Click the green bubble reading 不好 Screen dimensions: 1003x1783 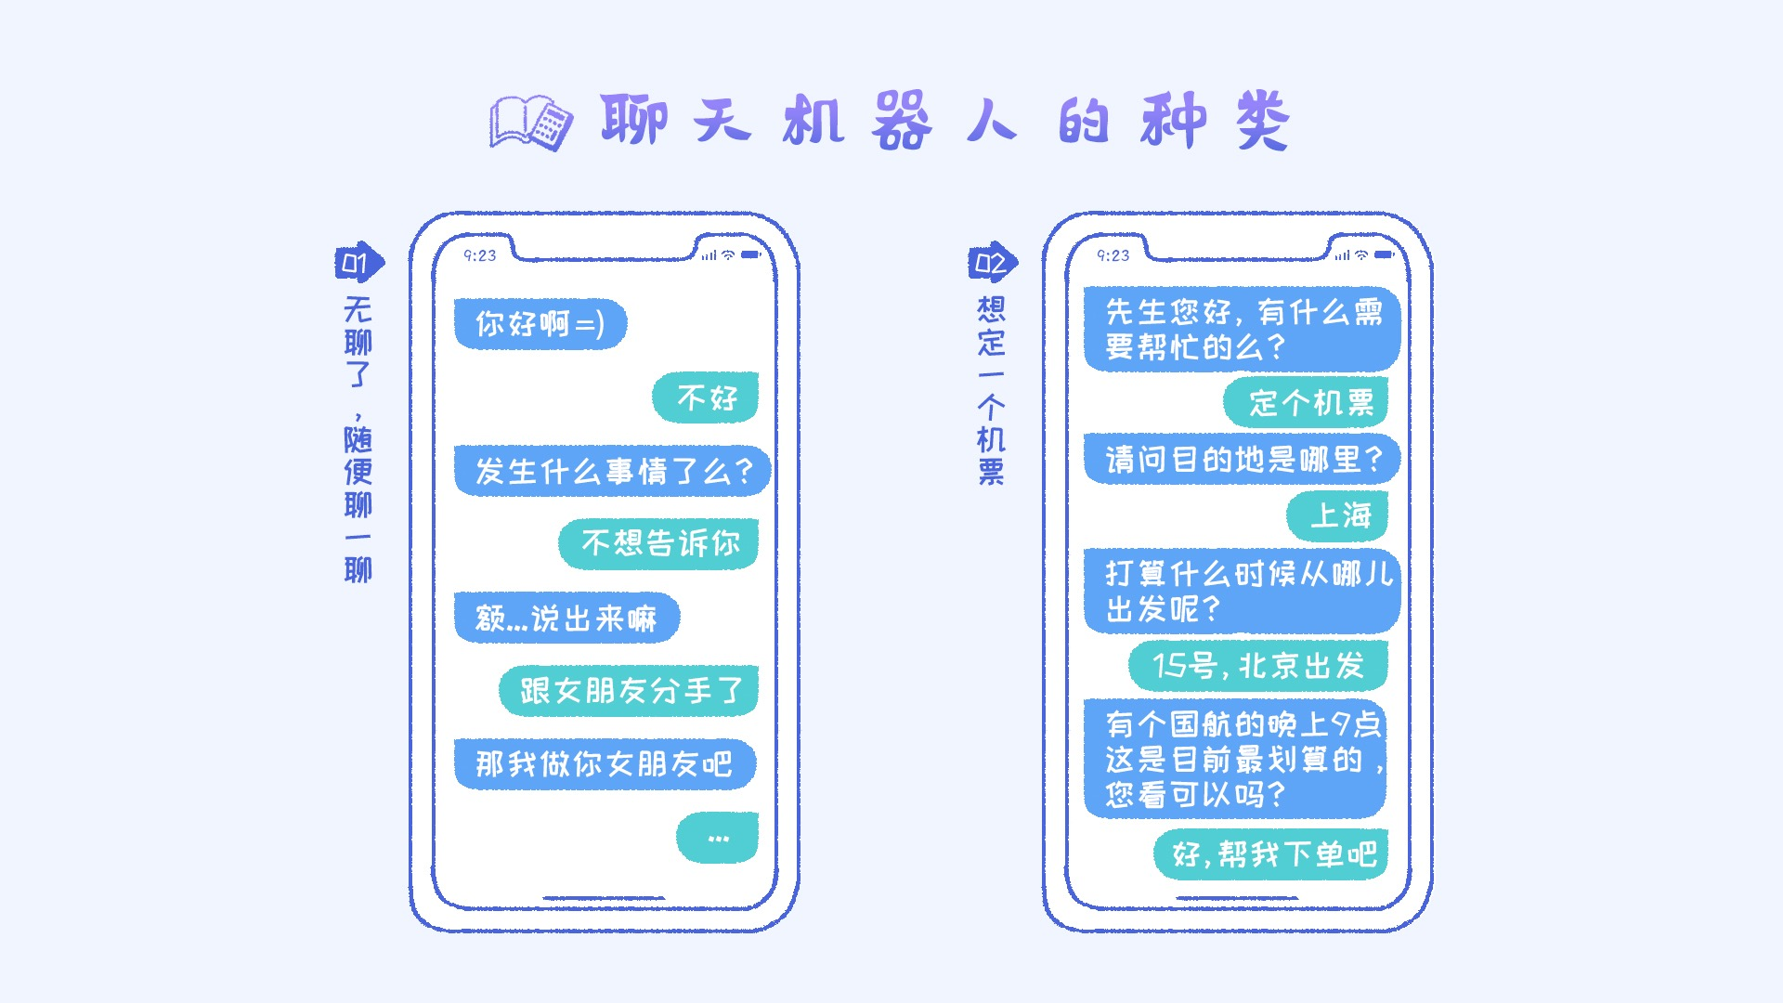[x=706, y=397]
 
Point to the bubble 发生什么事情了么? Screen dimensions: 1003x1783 [x=612, y=471]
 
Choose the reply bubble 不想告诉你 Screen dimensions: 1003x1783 [x=658, y=543]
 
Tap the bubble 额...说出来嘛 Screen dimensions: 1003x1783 [x=566, y=618]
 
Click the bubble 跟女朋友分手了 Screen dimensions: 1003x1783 [x=629, y=691]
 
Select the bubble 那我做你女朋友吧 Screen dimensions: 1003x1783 [x=605, y=763]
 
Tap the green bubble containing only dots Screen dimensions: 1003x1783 [x=718, y=838]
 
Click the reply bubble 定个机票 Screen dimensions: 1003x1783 [x=1306, y=402]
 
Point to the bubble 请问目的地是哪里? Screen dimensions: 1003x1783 [x=1242, y=459]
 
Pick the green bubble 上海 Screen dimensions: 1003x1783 [x=1337, y=515]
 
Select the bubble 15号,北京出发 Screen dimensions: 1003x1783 [x=1258, y=666]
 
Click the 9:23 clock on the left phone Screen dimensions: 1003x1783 [x=480, y=255]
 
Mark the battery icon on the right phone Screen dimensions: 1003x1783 [x=1384, y=254]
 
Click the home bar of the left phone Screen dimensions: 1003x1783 [x=604, y=898]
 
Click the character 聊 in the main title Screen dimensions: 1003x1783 [x=634, y=121]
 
